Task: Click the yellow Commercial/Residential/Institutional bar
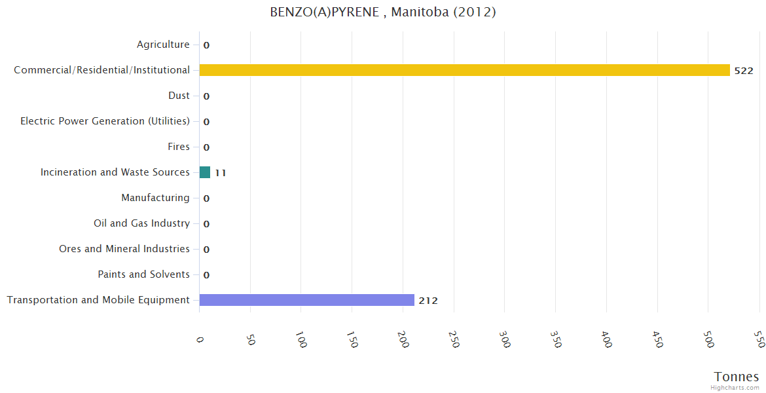(464, 70)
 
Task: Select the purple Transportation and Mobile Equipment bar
(306, 300)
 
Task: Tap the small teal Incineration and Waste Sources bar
(205, 172)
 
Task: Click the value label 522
(744, 71)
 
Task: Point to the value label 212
(428, 301)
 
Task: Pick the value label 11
(221, 173)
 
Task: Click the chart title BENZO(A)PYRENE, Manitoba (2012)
(383, 12)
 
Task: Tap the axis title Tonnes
(737, 377)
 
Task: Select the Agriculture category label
(163, 45)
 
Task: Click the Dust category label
(179, 96)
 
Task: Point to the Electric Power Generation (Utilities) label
(105, 121)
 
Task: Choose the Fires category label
(179, 147)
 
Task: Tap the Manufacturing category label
(155, 198)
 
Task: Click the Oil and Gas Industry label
(141, 223)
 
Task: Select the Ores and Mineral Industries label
(124, 249)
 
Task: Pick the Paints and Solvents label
(143, 274)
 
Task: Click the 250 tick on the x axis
(454, 339)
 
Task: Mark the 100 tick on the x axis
(301, 339)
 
